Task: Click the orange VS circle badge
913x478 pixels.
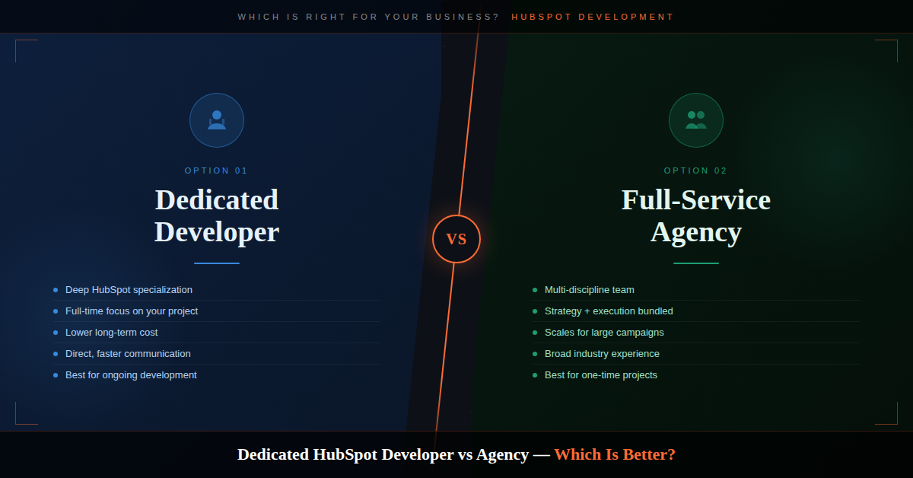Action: [x=456, y=239]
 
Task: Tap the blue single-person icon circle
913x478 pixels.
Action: [x=217, y=120]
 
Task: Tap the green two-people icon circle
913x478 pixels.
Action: [x=696, y=120]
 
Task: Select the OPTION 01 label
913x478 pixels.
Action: [x=217, y=170]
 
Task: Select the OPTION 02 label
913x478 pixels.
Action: [x=696, y=170]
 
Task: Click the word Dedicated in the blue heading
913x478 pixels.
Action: [x=217, y=200]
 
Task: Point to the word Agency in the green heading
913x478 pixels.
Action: [x=696, y=232]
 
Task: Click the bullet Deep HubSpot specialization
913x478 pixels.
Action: [x=129, y=290]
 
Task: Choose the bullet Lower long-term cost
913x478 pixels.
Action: [x=112, y=333]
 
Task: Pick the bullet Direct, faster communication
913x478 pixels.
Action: [x=128, y=354]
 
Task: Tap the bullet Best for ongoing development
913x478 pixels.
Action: [x=131, y=375]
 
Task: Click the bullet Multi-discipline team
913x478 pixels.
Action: [x=590, y=290]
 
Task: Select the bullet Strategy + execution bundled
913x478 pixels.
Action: [x=609, y=311]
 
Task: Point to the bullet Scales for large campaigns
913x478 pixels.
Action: [x=604, y=333]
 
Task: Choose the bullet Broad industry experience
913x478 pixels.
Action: [x=602, y=354]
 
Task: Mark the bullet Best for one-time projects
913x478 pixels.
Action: [x=601, y=375]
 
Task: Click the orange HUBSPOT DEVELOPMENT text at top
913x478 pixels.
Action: [x=593, y=17]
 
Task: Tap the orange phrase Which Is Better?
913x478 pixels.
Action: [x=614, y=455]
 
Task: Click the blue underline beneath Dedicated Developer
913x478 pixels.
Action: [x=217, y=263]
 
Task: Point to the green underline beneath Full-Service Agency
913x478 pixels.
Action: [x=696, y=263]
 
